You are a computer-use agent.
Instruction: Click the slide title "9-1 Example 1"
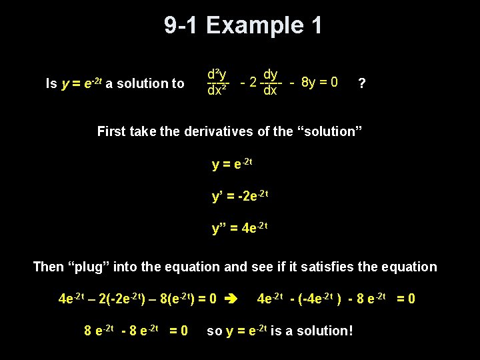243,26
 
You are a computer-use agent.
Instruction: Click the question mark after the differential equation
361,83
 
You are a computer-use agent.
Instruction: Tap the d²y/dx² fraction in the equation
217,81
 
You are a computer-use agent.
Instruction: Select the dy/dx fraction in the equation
270,81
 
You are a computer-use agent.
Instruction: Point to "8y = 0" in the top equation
319,83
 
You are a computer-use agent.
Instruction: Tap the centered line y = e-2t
232,163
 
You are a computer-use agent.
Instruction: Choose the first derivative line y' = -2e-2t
240,196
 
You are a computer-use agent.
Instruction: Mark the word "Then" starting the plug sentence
49,267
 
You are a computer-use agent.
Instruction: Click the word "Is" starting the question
51,83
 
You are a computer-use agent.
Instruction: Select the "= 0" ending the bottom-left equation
178,330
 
